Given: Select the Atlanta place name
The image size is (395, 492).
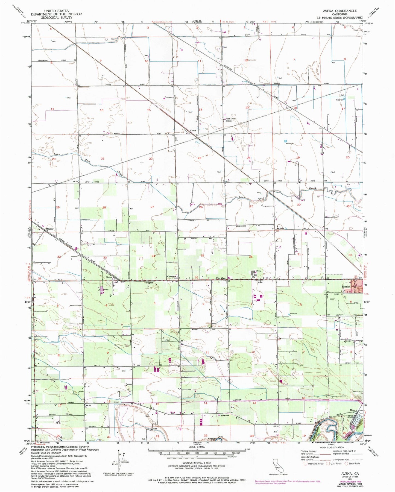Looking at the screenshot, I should [49, 229].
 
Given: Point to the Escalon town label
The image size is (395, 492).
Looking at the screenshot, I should [346, 286].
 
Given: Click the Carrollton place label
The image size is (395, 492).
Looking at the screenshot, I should [172, 277].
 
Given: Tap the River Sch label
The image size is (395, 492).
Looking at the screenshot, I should [225, 415].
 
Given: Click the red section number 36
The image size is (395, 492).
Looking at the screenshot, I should [251, 257].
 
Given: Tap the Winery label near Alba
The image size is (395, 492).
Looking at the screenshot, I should [259, 271].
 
